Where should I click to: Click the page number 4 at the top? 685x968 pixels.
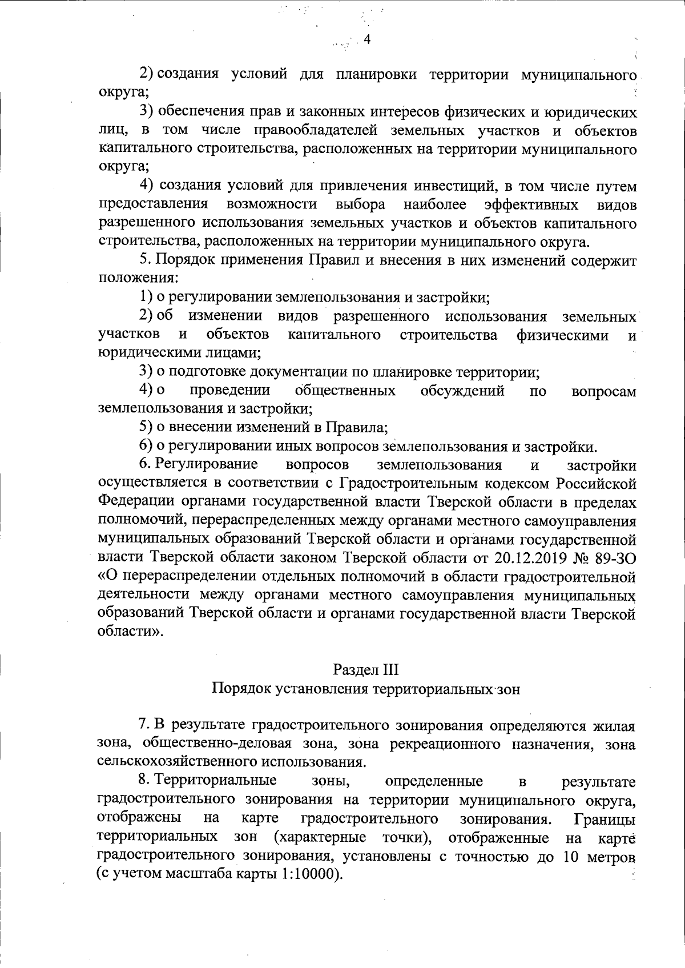tap(367, 39)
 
